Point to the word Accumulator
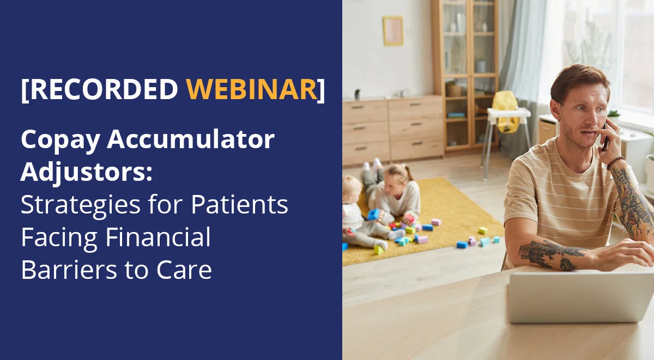(x=191, y=141)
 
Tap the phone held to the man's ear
(x=604, y=136)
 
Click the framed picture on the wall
(x=392, y=31)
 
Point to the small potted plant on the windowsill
(x=613, y=115)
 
